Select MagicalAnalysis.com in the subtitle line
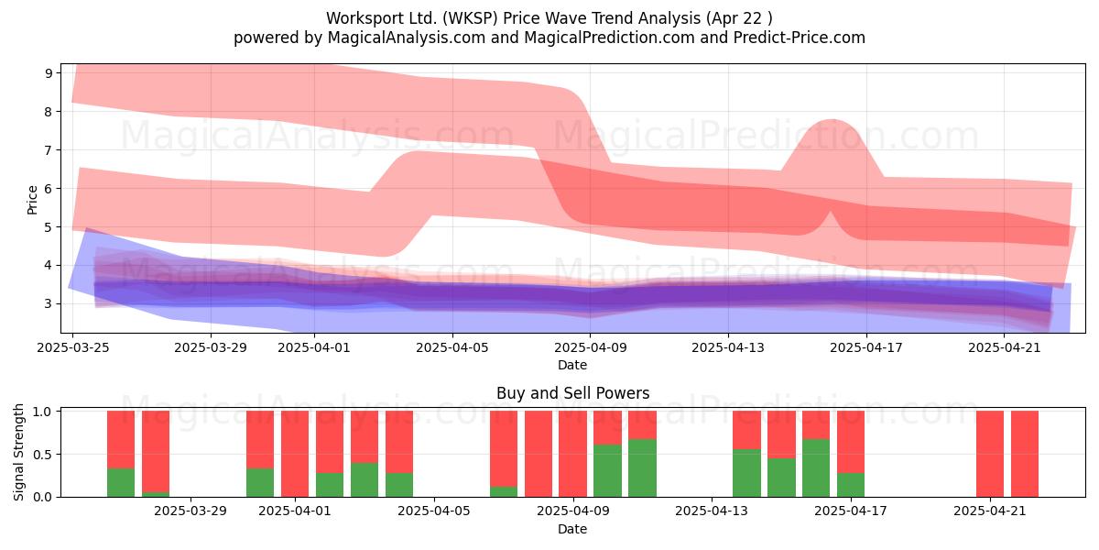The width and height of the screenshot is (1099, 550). point(407,38)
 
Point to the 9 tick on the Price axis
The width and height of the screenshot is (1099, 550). point(49,73)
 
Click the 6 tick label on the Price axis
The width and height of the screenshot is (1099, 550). point(49,189)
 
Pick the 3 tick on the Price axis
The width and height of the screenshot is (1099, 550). point(49,304)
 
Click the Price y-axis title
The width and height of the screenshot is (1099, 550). point(32,200)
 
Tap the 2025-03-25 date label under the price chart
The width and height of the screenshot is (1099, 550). point(73,347)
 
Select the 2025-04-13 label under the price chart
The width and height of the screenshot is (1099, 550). point(728,347)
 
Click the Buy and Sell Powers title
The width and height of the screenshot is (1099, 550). point(572,393)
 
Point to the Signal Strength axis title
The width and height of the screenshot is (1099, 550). point(18,452)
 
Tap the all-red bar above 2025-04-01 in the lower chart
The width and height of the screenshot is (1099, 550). point(295,454)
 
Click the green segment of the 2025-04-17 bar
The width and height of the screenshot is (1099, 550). point(851,485)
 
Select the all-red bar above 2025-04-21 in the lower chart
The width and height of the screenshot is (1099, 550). point(990,454)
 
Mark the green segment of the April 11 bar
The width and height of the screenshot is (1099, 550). point(642,468)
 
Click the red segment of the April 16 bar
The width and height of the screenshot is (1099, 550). point(816,425)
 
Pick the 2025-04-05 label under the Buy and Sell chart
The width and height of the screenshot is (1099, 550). point(434,511)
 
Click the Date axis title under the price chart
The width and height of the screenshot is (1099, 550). point(572,365)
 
